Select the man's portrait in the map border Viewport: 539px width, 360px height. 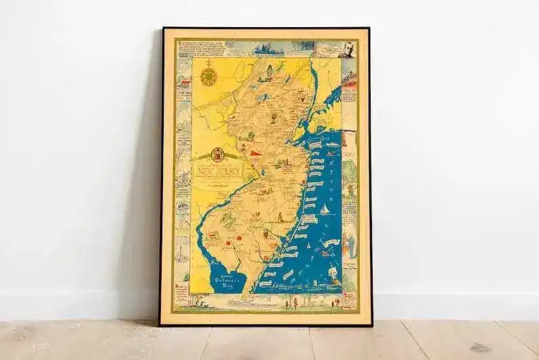tap(348, 51)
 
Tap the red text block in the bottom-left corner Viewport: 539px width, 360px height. tap(181, 288)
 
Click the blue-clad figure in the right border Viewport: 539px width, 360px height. tap(348, 242)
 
